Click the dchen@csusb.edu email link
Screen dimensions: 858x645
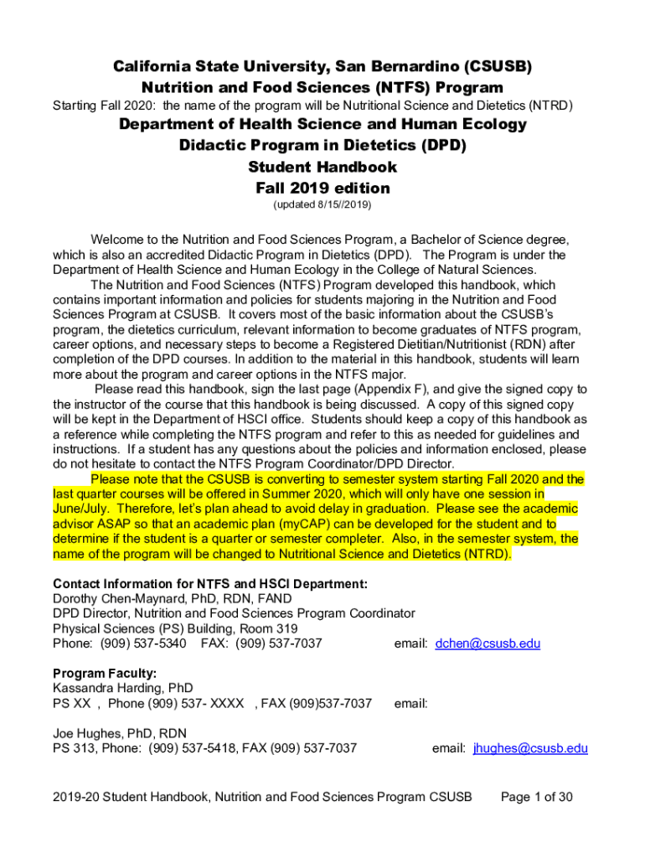pyautogui.click(x=488, y=643)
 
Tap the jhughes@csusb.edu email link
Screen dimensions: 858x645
pyautogui.click(x=530, y=748)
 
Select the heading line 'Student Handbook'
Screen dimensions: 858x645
pyautogui.click(x=322, y=167)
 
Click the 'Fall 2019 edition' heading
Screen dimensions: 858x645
pyautogui.click(x=322, y=188)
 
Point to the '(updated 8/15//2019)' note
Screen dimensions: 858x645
pyautogui.click(x=322, y=204)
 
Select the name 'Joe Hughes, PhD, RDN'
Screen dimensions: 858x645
pyautogui.click(x=120, y=733)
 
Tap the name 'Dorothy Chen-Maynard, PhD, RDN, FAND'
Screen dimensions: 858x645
pyautogui.click(x=173, y=598)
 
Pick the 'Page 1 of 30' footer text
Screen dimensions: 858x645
pyautogui.click(x=536, y=797)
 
